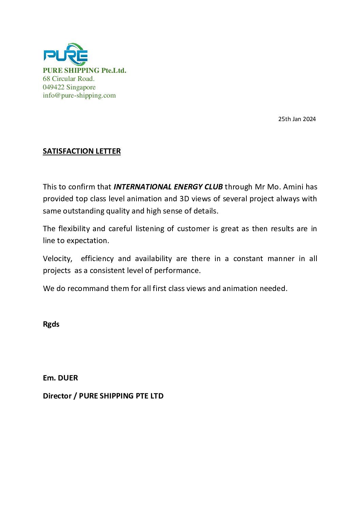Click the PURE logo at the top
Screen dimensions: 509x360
click(66, 54)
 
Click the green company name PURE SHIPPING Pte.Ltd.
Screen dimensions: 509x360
click(84, 70)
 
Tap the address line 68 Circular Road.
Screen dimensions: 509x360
click(68, 79)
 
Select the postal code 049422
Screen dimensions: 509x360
click(53, 87)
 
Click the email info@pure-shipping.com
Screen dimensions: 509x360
click(79, 95)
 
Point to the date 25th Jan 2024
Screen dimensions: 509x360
click(297, 119)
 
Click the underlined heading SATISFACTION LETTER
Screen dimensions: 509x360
click(82, 151)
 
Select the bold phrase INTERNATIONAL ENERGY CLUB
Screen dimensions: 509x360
click(168, 187)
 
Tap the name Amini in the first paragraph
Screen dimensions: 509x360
click(293, 187)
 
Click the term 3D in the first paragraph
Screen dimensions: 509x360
click(184, 199)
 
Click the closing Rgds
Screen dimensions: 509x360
click(51, 324)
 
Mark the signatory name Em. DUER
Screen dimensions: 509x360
click(60, 378)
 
